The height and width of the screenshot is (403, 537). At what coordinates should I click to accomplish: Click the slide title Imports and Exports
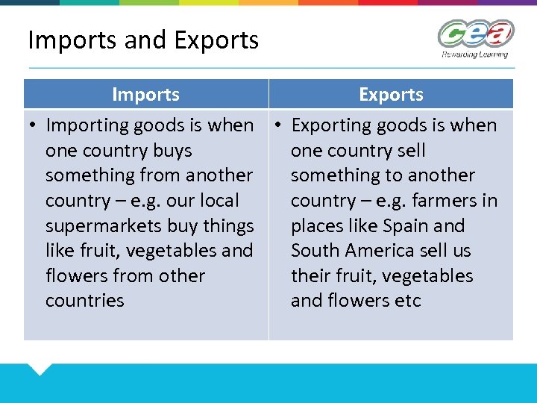[143, 40]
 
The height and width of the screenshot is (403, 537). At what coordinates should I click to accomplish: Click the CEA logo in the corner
[475, 34]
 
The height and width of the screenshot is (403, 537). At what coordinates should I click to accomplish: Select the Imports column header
[145, 95]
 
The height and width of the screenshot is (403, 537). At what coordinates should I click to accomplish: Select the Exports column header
[391, 95]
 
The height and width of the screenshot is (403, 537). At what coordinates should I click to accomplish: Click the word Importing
[87, 125]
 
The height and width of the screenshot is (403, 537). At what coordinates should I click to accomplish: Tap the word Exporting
[333, 125]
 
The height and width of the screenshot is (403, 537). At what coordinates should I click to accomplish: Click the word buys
[172, 151]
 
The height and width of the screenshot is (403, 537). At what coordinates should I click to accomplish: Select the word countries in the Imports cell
[84, 301]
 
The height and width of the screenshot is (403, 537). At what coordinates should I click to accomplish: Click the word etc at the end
[409, 301]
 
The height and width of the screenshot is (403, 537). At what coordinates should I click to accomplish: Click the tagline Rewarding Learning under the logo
[475, 54]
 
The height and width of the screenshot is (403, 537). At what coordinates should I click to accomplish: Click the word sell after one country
[412, 151]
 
